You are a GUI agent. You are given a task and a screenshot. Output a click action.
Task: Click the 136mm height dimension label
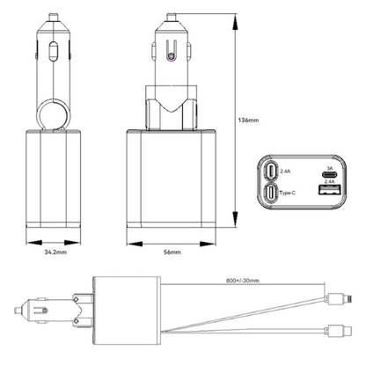click(250, 121)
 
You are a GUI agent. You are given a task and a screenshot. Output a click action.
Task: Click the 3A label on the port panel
click(330, 167)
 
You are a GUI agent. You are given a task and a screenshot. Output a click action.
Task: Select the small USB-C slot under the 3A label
click(330, 175)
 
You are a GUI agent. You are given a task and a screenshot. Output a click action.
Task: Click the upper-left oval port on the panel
click(273, 172)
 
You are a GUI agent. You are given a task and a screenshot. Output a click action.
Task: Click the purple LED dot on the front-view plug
click(169, 57)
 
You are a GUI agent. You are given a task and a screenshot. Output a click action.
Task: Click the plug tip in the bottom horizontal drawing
click(17, 311)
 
